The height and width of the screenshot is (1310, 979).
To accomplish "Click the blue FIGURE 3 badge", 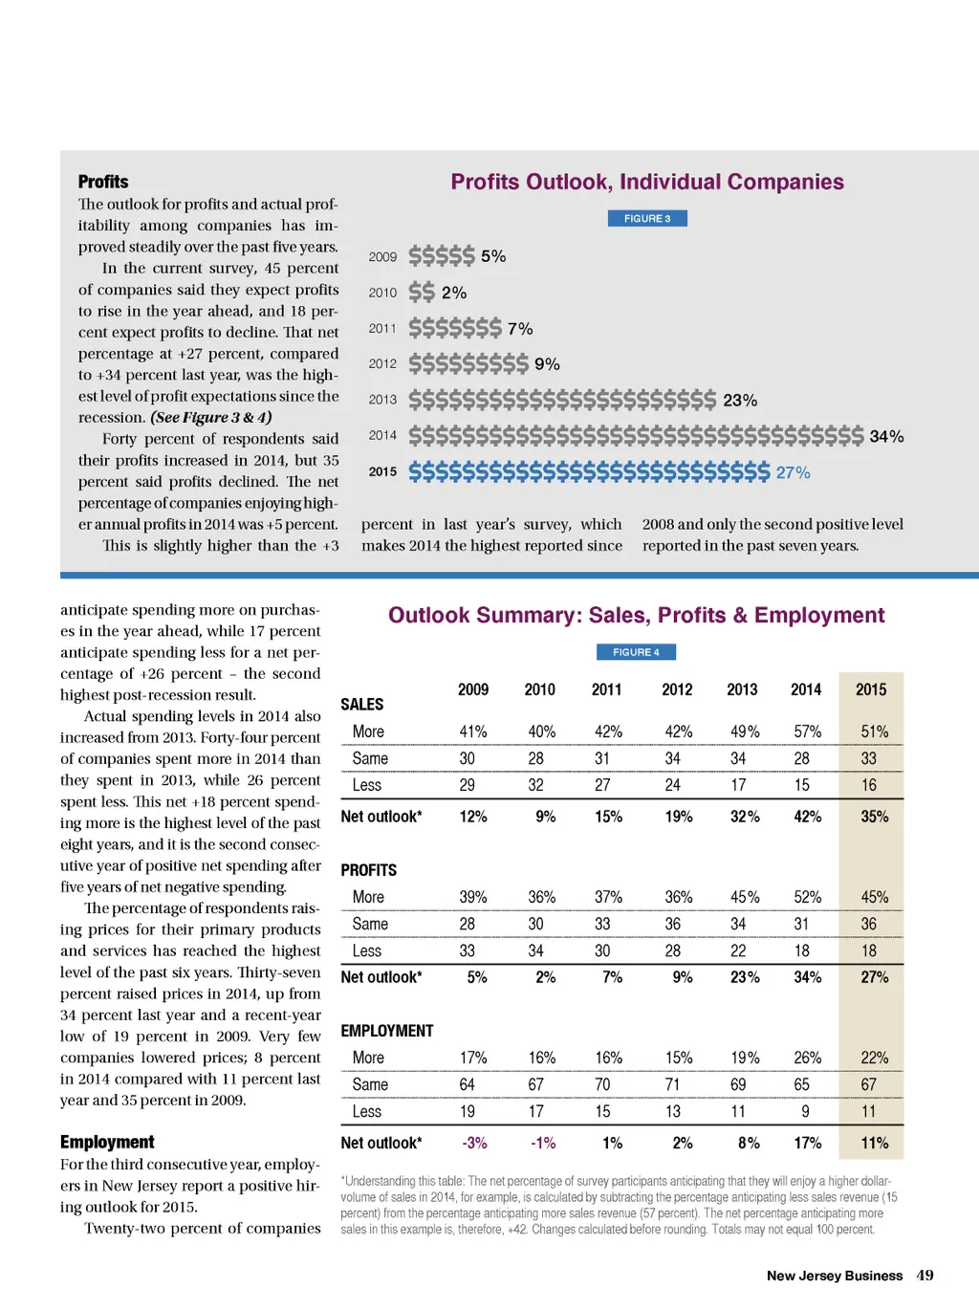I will [647, 219].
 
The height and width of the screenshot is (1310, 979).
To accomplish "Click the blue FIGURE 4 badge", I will [636, 652].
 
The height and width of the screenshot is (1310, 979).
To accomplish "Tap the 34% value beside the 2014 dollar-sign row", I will [886, 437].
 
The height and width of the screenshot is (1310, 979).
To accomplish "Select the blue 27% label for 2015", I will [793, 472].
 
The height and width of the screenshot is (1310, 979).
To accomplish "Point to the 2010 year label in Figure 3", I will [382, 293].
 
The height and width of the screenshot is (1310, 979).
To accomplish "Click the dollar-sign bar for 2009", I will [441, 256].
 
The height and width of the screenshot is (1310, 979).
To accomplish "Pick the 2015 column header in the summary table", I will [870, 689].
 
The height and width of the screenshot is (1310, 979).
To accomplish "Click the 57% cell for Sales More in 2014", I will [807, 731].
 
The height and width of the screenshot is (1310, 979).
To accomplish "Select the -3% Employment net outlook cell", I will [474, 1143].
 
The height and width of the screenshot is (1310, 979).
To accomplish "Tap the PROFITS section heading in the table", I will [369, 870].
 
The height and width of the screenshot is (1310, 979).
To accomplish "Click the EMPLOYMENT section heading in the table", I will [387, 1031].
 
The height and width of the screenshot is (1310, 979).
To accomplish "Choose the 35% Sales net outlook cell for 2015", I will [874, 817].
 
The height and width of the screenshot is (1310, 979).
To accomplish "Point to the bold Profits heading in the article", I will [103, 182].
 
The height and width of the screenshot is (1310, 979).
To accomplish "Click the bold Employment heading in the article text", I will [107, 1142].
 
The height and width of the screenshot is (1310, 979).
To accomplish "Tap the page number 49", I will [925, 1276].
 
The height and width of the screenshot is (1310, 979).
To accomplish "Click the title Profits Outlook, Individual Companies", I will [647, 182].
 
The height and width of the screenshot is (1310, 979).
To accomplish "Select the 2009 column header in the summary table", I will [473, 689].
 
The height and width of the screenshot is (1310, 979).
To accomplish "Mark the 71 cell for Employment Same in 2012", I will [673, 1084].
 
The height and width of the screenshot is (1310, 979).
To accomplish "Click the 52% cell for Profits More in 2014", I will [807, 897].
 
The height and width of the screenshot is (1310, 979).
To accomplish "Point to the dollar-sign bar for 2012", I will [468, 364].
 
